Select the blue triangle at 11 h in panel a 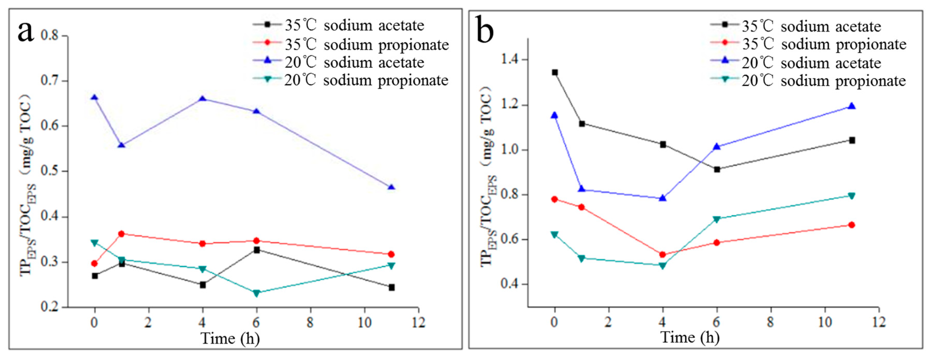click(x=391, y=188)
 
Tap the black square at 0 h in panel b click(x=554, y=72)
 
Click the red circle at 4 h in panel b click(x=662, y=255)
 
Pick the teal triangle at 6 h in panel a click(x=256, y=293)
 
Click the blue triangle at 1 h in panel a click(x=122, y=145)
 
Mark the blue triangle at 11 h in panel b click(x=852, y=106)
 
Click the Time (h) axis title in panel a click(x=230, y=339)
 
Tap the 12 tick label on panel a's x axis click(x=418, y=322)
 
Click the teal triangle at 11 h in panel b click(x=852, y=196)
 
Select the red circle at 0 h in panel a click(x=95, y=263)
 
